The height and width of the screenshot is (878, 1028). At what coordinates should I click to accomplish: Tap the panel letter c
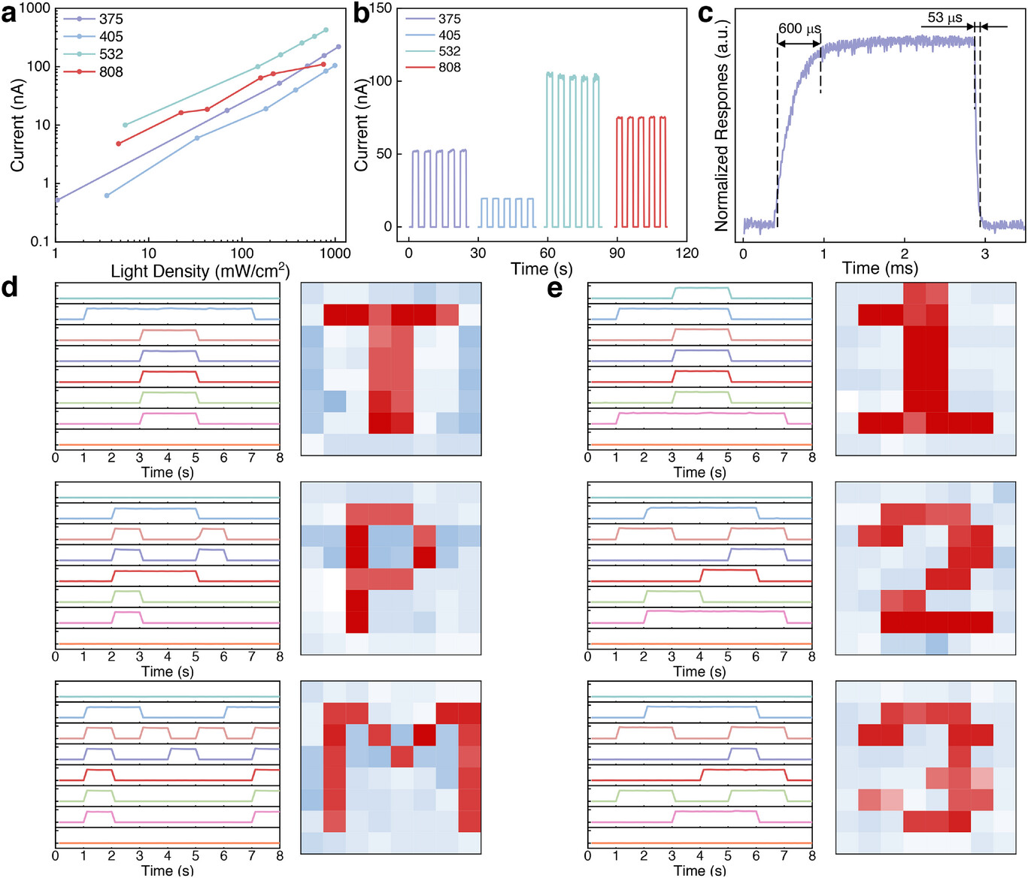coord(705,13)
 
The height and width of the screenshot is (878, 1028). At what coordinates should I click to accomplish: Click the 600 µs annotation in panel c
coord(799,29)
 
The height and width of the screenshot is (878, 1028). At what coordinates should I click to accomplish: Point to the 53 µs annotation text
coord(945,17)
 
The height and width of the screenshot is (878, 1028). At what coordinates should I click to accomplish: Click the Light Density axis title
coord(200,271)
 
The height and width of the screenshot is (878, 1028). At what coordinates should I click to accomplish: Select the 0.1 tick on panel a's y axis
coord(40,241)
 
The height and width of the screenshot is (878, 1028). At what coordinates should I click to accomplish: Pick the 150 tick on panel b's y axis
coord(381,8)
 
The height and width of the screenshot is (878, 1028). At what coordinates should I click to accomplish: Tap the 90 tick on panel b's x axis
coord(617,253)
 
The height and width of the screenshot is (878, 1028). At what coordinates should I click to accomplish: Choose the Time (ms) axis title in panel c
coord(880,268)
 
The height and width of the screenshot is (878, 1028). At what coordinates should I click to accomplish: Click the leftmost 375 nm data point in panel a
coord(57,200)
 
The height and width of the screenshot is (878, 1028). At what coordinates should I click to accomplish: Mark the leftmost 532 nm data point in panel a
coord(125,125)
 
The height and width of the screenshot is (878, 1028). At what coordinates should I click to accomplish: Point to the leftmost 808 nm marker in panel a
coord(118,144)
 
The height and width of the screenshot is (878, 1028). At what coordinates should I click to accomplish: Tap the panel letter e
coord(555,287)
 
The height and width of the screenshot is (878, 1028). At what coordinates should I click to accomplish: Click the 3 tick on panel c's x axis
coord(985,254)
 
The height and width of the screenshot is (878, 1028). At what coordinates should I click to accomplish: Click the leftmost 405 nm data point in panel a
coord(107,195)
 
